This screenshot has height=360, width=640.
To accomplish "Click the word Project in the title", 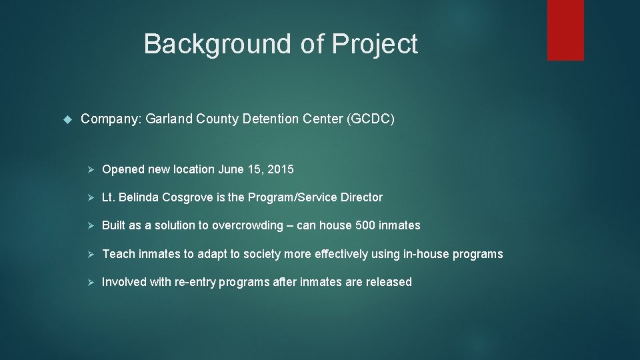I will coord(375,45).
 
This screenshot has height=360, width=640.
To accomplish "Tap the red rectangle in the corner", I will coord(565,30).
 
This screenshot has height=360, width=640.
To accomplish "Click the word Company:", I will coord(110,119).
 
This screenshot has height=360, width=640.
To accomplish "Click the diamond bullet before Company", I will coord(67,119).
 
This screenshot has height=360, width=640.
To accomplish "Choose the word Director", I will coord(361,197).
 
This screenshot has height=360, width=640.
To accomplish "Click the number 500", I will coord(365,225).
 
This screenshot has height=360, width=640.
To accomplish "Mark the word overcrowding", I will coord(247,225).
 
